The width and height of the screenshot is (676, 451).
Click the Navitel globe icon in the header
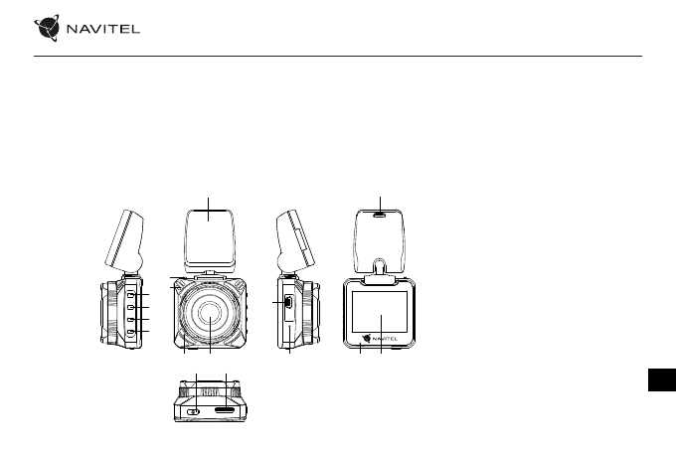[47, 28]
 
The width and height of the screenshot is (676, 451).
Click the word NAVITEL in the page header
[103, 29]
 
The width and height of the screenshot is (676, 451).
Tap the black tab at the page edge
[662, 379]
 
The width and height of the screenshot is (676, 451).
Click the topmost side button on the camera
[131, 295]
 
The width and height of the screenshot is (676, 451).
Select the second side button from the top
[131, 307]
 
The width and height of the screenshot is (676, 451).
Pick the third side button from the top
[131, 319]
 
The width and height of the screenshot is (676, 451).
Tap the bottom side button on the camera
[131, 332]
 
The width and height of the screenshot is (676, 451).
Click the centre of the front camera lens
[210, 313]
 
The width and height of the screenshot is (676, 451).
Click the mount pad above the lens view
[210, 239]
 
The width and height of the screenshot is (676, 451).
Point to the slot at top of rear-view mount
[380, 214]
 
